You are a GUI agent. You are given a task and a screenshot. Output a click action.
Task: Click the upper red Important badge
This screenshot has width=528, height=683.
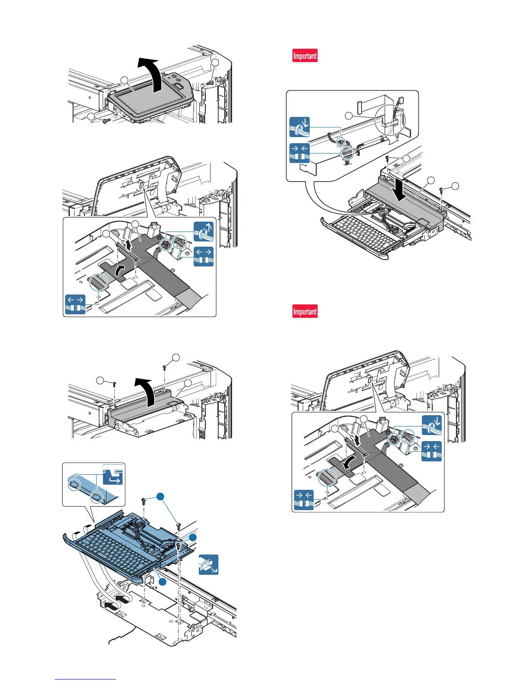pos(305,56)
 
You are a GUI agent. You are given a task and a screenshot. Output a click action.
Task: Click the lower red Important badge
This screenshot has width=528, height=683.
pos(305,311)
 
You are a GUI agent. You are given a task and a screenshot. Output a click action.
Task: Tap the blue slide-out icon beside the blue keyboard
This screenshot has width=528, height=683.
pos(208,564)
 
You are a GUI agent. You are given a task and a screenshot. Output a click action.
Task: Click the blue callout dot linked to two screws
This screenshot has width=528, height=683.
pos(161,497)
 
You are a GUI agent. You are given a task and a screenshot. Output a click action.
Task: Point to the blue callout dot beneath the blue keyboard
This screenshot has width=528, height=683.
pos(162,582)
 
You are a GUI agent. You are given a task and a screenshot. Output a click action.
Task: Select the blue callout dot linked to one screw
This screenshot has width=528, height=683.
pos(192,537)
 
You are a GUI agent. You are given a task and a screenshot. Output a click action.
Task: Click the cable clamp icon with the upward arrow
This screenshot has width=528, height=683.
pos(204,232)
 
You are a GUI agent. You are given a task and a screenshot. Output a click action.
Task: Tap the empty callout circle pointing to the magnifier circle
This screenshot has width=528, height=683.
pos(349,115)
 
